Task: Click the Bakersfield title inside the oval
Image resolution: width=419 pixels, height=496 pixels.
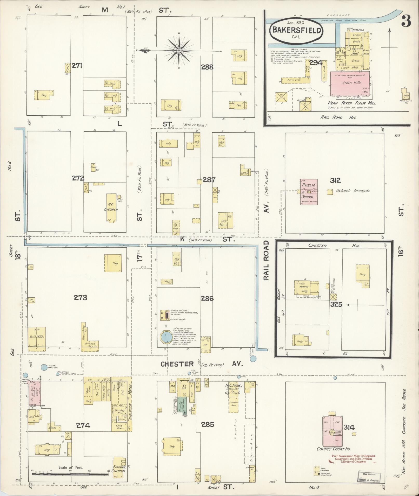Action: click(x=296, y=30)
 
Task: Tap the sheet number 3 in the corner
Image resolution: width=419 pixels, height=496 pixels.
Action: click(x=406, y=21)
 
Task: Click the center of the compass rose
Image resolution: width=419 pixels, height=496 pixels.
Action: click(x=179, y=50)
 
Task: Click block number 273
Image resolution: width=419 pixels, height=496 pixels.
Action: click(x=80, y=298)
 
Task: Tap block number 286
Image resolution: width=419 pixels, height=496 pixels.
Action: click(x=207, y=298)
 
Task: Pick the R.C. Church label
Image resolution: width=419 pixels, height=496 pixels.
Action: click(x=111, y=207)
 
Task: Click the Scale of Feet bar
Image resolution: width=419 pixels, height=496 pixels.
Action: click(x=70, y=474)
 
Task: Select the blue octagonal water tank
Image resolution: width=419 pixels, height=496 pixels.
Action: click(x=165, y=337)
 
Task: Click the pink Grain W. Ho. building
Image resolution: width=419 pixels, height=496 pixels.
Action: click(x=350, y=83)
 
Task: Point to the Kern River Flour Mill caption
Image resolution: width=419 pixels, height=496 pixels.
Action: click(x=352, y=103)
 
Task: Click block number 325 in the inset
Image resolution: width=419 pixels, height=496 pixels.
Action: click(x=336, y=304)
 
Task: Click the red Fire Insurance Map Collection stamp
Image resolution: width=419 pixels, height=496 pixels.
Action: click(x=353, y=459)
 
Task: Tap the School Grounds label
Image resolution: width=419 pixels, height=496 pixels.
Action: click(x=353, y=191)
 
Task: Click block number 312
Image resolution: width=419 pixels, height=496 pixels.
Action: click(x=336, y=180)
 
